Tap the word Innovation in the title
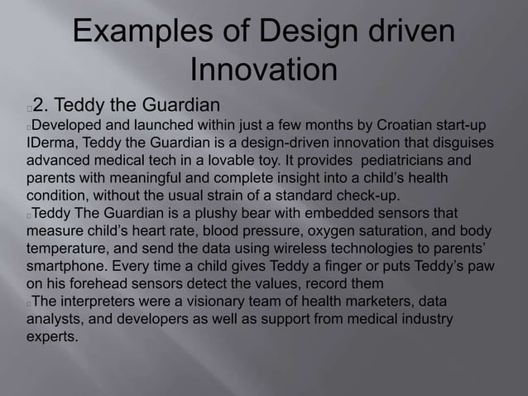[x=263, y=70]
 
